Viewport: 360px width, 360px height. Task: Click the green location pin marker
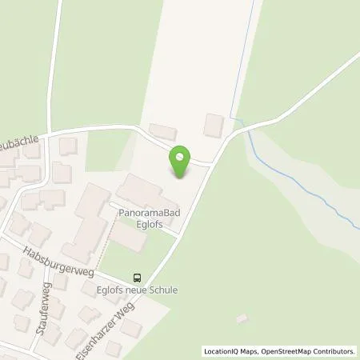(182, 162)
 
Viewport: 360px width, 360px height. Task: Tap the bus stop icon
(138, 278)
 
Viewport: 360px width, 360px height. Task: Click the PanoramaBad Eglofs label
(148, 220)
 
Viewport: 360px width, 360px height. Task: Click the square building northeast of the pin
(214, 125)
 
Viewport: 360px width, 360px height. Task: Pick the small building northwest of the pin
(163, 132)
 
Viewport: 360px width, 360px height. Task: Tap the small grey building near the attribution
(242, 318)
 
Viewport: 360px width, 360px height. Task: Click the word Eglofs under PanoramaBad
(149, 226)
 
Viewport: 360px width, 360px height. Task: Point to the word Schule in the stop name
(163, 290)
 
